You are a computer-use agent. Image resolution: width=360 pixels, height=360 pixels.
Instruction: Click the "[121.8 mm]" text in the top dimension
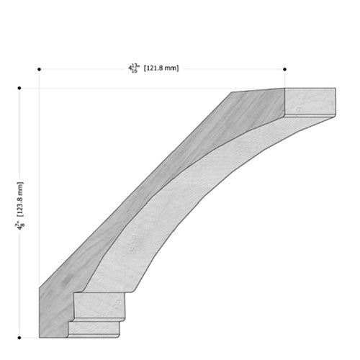pyautogui.click(x=161, y=68)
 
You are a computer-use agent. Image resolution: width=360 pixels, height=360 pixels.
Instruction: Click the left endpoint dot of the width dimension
pyautogui.click(x=39, y=70)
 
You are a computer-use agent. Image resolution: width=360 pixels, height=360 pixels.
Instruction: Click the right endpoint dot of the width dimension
pyautogui.click(x=285, y=70)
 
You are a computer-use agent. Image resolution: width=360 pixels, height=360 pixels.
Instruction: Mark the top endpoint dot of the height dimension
pyautogui.click(x=19, y=89)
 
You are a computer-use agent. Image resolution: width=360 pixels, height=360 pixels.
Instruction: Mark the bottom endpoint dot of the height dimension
pyautogui.click(x=19, y=336)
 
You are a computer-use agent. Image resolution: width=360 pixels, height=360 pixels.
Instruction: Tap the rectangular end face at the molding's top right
pyautogui.click(x=310, y=102)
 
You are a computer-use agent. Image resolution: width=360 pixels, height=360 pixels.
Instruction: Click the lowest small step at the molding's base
pyautogui.click(x=94, y=330)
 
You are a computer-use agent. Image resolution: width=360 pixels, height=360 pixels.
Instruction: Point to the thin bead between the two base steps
pyautogui.click(x=97, y=320)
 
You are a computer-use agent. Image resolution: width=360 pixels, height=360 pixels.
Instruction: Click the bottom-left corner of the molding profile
pyautogui.click(x=39, y=336)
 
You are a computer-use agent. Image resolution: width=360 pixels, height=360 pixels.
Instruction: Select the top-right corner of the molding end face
pyautogui.click(x=336, y=89)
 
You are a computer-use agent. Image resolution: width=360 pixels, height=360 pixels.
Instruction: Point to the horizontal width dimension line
pyautogui.click(x=216, y=70)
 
